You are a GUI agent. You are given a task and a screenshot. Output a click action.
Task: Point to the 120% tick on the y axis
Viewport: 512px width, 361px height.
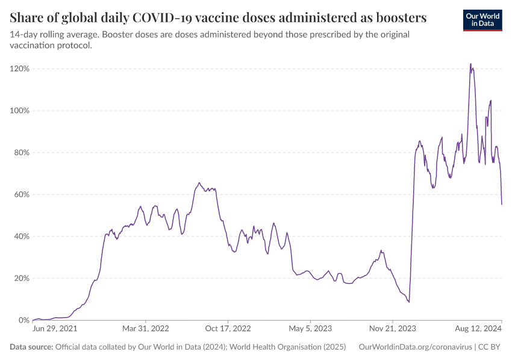[19, 69]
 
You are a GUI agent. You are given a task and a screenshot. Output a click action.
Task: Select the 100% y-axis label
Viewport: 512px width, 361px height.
[19, 111]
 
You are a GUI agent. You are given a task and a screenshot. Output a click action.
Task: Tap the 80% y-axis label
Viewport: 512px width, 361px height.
[21, 153]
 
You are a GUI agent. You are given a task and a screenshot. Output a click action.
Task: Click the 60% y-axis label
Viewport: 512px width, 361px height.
[21, 194]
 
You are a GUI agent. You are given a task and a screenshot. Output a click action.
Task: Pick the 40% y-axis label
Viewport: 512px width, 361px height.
[21, 236]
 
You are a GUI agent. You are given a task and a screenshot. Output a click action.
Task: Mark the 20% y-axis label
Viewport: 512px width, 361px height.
[21, 279]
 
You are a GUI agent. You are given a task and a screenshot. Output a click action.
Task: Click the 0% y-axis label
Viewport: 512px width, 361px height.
[23, 320]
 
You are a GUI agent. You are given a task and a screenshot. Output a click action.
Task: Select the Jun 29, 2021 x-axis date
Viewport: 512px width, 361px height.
[54, 329]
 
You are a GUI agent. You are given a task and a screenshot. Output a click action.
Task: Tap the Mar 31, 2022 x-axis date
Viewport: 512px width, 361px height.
[145, 329]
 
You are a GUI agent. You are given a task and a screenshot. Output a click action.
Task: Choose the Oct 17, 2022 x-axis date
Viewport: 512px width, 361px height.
[228, 329]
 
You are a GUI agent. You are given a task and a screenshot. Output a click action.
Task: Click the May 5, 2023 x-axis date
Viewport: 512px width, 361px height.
[310, 329]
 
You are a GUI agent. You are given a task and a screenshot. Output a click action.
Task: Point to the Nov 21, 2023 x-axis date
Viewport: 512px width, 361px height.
[392, 329]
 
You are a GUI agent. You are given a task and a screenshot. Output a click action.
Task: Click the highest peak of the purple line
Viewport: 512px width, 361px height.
[470, 64]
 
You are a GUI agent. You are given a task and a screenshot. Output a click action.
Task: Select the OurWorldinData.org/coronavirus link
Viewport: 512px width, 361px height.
[414, 347]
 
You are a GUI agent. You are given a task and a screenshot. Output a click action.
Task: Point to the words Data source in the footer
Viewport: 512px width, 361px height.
[31, 347]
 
